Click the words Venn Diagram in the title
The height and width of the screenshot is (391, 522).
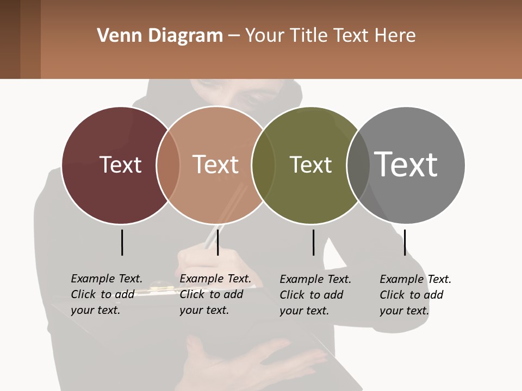pyautogui.click(x=160, y=36)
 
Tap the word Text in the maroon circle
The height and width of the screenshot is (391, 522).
pyautogui.click(x=120, y=165)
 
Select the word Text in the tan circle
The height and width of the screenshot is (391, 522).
pyautogui.click(x=215, y=165)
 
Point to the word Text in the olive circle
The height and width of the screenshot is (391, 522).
pyautogui.click(x=310, y=165)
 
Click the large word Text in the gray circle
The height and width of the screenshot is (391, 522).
pyautogui.click(x=406, y=164)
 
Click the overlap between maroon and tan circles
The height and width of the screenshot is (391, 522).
pyautogui.click(x=168, y=165)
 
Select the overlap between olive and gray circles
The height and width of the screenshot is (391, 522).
pyautogui.click(x=357, y=165)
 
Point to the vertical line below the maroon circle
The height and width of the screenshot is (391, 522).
pyautogui.click(x=122, y=242)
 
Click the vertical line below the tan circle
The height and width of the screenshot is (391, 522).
pyautogui.click(x=217, y=242)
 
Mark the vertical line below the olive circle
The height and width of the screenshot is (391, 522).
pyautogui.click(x=314, y=242)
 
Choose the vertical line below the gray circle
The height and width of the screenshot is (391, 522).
pyautogui.click(x=405, y=242)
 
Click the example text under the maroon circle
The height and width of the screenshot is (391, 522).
pyautogui.click(x=107, y=294)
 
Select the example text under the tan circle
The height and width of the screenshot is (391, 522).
pyautogui.click(x=215, y=294)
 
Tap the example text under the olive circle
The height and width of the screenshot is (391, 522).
pyautogui.click(x=315, y=295)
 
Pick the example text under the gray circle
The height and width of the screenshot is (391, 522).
pyautogui.click(x=415, y=295)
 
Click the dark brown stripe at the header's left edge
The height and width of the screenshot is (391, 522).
pyautogui.click(x=10, y=39)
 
